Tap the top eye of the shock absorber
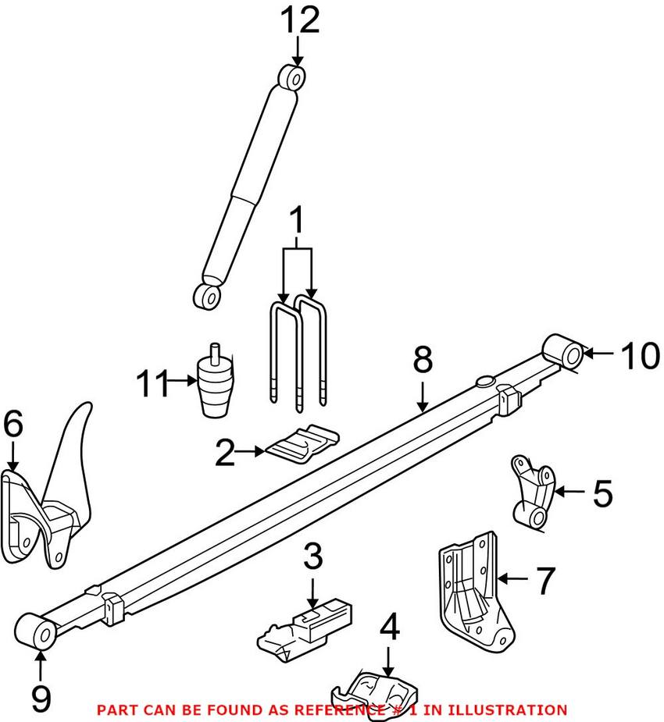click(292, 78)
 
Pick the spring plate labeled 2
click(303, 442)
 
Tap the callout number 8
click(422, 361)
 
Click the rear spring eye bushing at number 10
click(566, 352)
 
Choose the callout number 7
click(544, 581)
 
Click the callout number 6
click(13, 426)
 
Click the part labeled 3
click(305, 628)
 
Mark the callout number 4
click(389, 626)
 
